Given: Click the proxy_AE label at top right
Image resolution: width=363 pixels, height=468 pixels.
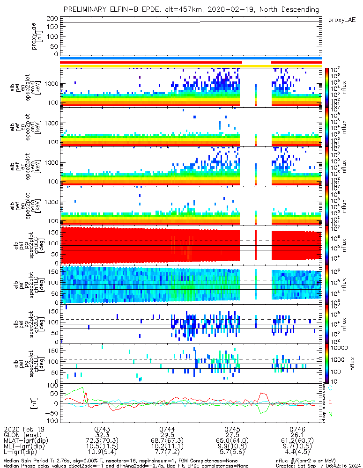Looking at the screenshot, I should pyautogui.click(x=342, y=20).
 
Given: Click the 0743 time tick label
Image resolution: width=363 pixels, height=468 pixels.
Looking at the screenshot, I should pyautogui.click(x=102, y=429).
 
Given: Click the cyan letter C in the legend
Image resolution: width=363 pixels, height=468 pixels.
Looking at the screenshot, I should pyautogui.click(x=331, y=388).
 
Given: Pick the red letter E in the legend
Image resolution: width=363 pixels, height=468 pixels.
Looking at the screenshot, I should pyautogui.click(x=331, y=401).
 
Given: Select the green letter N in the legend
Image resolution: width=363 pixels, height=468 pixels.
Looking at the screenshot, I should pyautogui.click(x=331, y=414).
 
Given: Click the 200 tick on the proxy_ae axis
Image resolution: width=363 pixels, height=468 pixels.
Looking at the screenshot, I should pyautogui.click(x=52, y=18).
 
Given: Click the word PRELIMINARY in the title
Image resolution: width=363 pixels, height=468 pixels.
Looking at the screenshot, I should pyautogui.click(x=87, y=9).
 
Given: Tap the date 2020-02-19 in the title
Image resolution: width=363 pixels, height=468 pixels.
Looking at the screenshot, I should pyautogui.click(x=238, y=9).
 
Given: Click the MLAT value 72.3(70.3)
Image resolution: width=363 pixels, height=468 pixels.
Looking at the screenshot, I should pyautogui.click(x=102, y=441).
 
